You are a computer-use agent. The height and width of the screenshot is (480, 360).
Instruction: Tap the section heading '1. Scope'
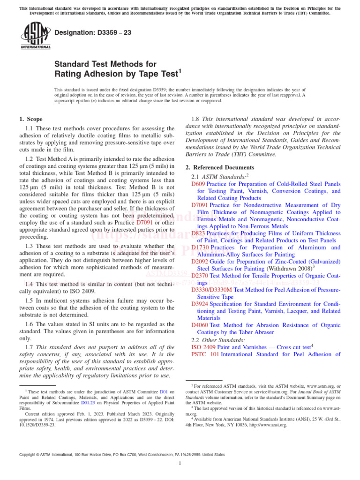click(31, 119)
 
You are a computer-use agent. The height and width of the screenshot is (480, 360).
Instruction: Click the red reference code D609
click(198, 184)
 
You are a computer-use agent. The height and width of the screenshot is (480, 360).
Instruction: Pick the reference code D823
click(198, 233)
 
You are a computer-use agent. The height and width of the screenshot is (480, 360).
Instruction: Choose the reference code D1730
click(200, 247)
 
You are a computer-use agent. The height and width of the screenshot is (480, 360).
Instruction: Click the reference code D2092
click(200, 262)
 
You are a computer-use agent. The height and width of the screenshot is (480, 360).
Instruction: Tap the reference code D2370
click(200, 276)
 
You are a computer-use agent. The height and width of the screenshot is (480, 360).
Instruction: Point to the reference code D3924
click(200, 304)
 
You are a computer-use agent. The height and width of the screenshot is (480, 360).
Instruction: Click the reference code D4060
click(200, 325)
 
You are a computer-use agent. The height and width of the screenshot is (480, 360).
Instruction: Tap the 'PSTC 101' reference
click(205, 354)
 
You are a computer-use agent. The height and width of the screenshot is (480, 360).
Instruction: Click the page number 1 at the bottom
click(180, 464)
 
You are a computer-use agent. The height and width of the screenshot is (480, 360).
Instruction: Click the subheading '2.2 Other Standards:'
click(218, 339)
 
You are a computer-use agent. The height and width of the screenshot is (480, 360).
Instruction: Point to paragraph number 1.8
click(197, 119)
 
